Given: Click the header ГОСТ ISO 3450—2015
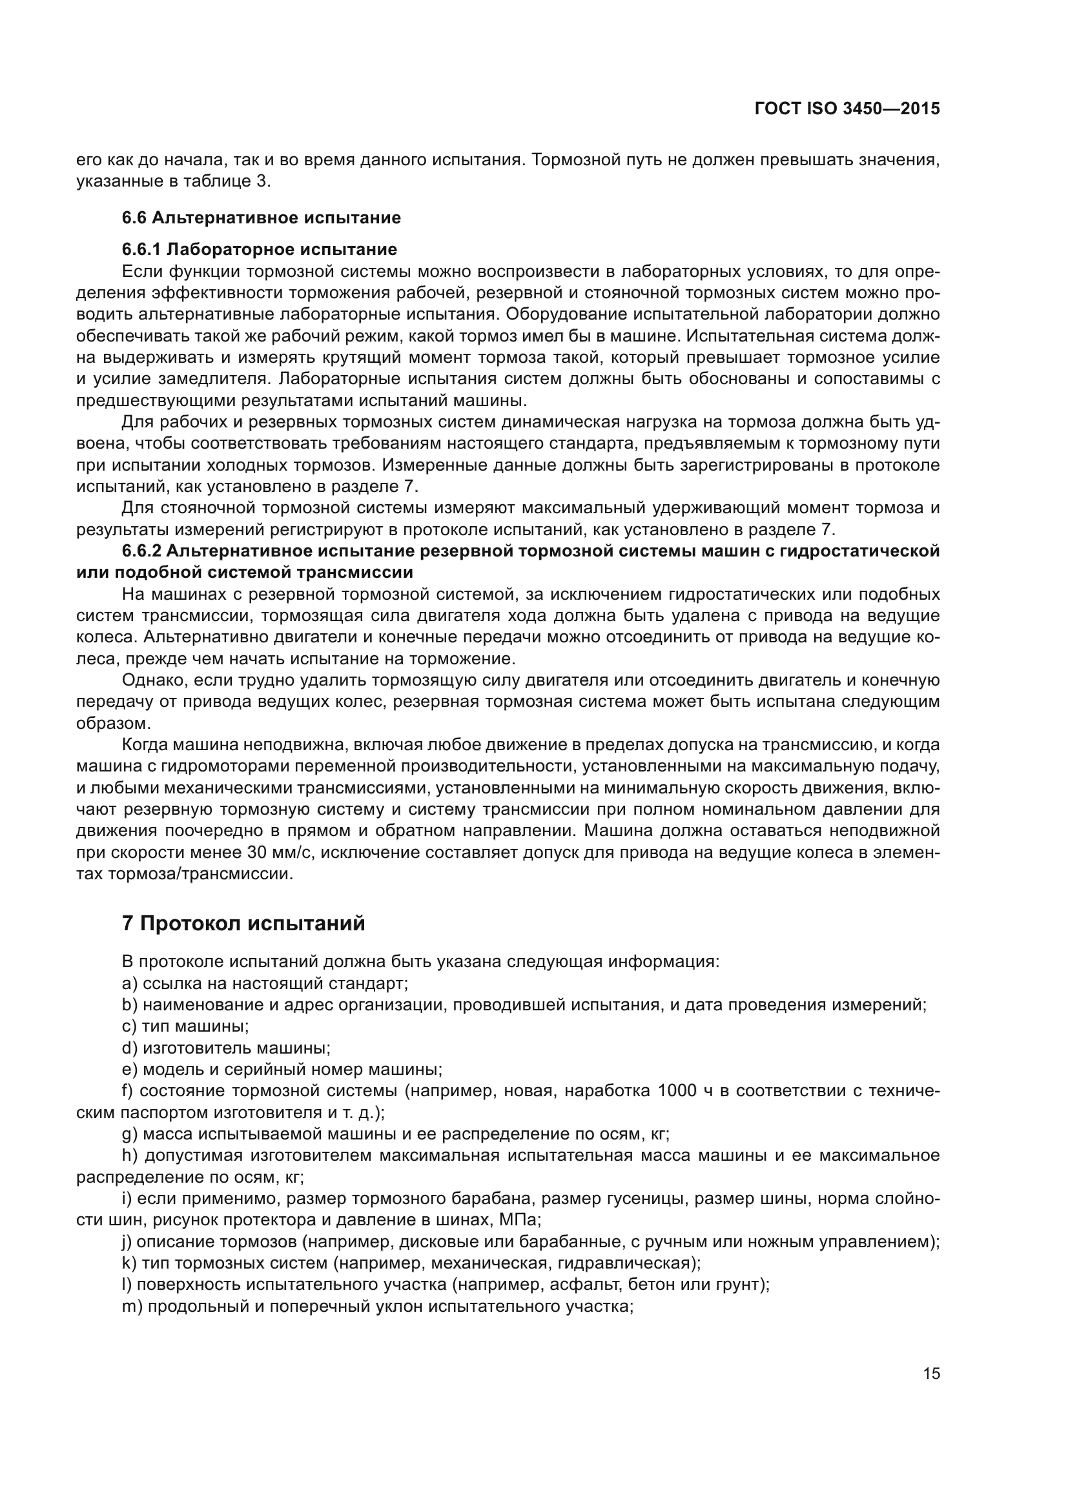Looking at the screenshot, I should tap(847, 109).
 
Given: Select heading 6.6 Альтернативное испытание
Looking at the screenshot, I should tap(261, 218).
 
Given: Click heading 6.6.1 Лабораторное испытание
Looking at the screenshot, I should tap(259, 249).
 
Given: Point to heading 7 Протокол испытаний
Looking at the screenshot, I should tap(243, 923).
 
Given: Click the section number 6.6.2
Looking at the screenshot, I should tap(142, 551).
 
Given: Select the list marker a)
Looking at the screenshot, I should tap(130, 983).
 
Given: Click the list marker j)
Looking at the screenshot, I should tap(128, 1242).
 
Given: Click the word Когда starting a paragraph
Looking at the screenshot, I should tap(146, 745).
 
